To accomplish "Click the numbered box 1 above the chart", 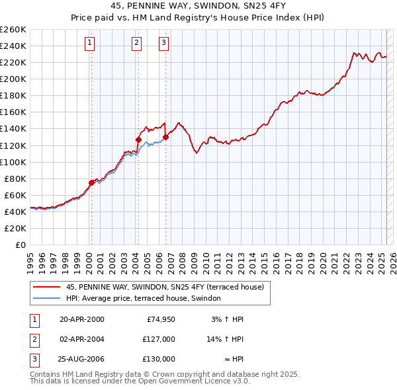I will click(90, 44).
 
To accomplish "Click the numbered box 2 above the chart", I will click(136, 44).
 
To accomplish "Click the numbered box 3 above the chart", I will click(163, 44).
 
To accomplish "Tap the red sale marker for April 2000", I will click(92, 182).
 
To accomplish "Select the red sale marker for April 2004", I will click(138, 139).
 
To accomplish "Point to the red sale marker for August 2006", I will click(165, 137).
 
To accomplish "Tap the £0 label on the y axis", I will click(20, 245).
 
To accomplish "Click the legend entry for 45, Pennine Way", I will click(165, 287).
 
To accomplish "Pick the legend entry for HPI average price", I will click(147, 299).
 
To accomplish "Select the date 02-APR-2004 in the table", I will click(82, 339).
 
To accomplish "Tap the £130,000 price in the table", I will click(159, 359).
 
